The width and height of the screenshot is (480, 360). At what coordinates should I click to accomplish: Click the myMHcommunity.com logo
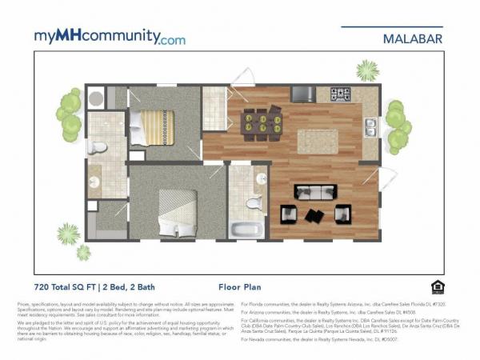point(109,37)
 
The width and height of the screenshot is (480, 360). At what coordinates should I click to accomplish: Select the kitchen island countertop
point(318,141)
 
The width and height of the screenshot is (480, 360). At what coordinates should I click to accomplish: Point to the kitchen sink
point(370,126)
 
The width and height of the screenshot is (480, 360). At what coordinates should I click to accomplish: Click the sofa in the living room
point(315,191)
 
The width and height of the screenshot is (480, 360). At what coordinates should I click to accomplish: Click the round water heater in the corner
point(96,98)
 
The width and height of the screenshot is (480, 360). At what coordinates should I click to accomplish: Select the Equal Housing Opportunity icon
point(437,286)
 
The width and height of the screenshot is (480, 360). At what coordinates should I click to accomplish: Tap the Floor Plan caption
point(239,285)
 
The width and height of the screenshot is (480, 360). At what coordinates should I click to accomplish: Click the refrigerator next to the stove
point(303,94)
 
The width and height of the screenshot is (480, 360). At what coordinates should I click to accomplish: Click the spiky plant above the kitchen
point(367,70)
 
